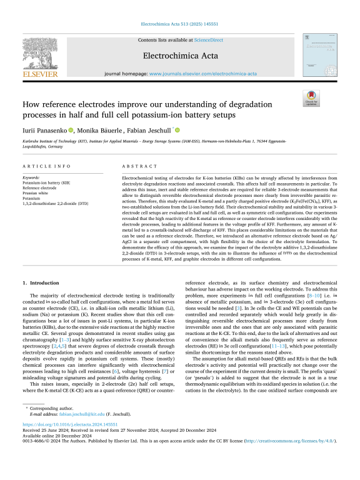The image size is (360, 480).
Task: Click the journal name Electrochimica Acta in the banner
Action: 180,55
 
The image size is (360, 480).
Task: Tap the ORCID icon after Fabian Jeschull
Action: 177,129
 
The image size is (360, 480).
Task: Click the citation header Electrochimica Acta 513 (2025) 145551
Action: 179,26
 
